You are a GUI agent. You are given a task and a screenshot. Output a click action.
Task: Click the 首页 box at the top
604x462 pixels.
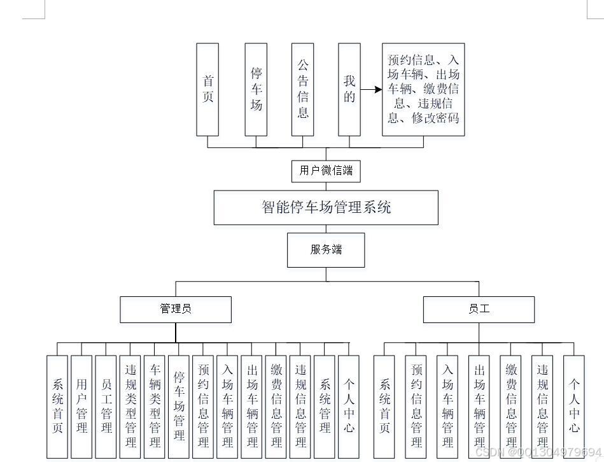click(207, 89)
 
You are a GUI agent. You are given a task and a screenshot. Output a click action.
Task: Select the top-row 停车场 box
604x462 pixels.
click(256, 89)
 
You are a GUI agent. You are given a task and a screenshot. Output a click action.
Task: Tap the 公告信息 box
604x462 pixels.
click(302, 89)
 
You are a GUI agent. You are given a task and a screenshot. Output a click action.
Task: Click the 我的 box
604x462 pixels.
click(349, 89)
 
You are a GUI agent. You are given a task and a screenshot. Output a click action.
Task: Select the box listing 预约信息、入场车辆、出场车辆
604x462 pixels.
click(423, 89)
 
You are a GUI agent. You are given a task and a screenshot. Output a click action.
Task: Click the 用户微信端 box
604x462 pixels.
click(326, 171)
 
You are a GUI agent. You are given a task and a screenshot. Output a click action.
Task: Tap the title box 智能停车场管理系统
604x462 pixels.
click(326, 207)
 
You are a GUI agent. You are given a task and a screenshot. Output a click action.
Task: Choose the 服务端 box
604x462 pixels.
click(326, 250)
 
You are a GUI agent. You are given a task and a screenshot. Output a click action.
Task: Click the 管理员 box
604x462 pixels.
click(176, 310)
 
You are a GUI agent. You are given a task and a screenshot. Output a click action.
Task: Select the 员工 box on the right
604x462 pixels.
click(479, 310)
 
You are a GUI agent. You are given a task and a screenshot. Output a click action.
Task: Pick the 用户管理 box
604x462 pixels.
click(81, 407)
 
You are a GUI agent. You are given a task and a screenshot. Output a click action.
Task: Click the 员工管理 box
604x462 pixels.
click(106, 407)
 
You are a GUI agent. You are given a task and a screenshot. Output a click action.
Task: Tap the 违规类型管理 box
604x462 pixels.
click(130, 407)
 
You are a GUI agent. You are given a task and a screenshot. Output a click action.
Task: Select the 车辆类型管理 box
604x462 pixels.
click(155, 407)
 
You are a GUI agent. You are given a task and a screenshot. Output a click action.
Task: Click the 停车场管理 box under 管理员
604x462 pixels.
click(179, 407)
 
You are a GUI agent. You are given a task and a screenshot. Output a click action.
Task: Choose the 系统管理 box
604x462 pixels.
click(325, 407)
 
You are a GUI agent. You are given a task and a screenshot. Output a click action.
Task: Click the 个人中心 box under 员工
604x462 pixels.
click(573, 407)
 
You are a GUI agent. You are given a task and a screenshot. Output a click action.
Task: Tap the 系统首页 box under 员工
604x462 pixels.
click(384, 407)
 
